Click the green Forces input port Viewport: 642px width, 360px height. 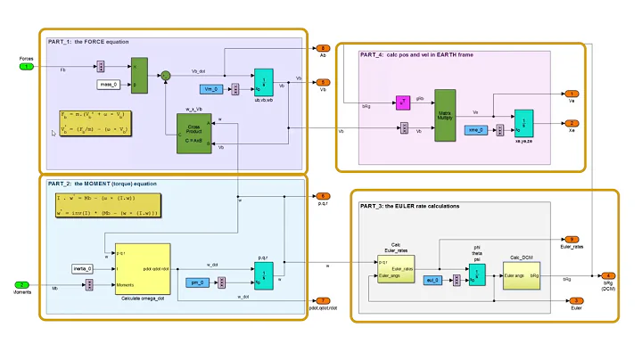(x=29, y=67)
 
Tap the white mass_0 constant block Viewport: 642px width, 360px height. (x=113, y=85)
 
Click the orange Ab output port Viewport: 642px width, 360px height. (x=323, y=47)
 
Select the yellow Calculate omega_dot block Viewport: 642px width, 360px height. (x=143, y=268)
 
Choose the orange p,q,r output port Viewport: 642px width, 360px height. (x=323, y=196)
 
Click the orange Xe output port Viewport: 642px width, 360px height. (x=572, y=123)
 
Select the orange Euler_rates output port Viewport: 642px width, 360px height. (x=572, y=240)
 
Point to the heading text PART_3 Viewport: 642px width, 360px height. (x=375, y=206)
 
